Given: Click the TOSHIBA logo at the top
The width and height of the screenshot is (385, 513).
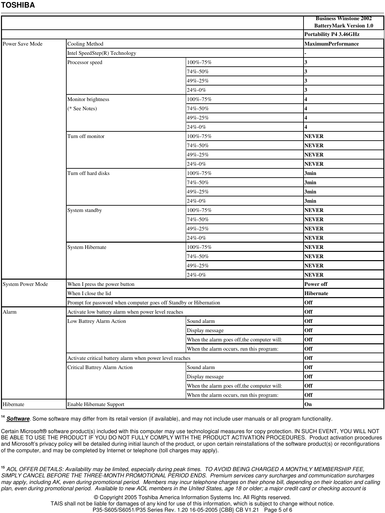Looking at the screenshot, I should coord(18,5).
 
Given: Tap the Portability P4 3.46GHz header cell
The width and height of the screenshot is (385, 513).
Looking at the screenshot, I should coord(332,34).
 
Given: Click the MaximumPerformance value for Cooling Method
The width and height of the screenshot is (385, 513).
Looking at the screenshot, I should coord(332,44).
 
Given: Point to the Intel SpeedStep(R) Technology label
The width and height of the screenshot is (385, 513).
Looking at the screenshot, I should coord(102,53).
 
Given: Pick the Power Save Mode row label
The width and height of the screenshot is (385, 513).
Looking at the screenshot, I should coord(22,44).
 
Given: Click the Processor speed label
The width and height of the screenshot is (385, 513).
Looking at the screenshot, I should coord(85,62).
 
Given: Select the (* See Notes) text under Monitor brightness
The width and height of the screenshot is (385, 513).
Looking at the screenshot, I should coord(82,109).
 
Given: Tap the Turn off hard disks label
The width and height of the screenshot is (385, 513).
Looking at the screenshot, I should coord(88,173).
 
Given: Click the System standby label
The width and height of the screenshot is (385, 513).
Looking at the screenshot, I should coord(84,210).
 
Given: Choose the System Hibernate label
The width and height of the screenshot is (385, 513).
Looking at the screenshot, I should coord(87,247).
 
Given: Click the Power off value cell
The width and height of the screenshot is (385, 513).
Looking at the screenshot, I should coord(316,284).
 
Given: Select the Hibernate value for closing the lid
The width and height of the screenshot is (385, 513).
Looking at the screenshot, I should coord(316,293).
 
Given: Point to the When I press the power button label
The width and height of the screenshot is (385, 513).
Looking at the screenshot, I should coord(101,284).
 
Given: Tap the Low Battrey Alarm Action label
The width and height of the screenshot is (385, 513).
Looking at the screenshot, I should coord(97,321).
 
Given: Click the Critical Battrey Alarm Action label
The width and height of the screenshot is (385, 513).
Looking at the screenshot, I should coord(100,367).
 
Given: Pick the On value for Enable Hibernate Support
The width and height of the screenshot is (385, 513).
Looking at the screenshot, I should coord(308,404).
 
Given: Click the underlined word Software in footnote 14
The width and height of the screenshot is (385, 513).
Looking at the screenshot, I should coord(18,419).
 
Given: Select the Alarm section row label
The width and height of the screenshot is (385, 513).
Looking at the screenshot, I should coord(10,312).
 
